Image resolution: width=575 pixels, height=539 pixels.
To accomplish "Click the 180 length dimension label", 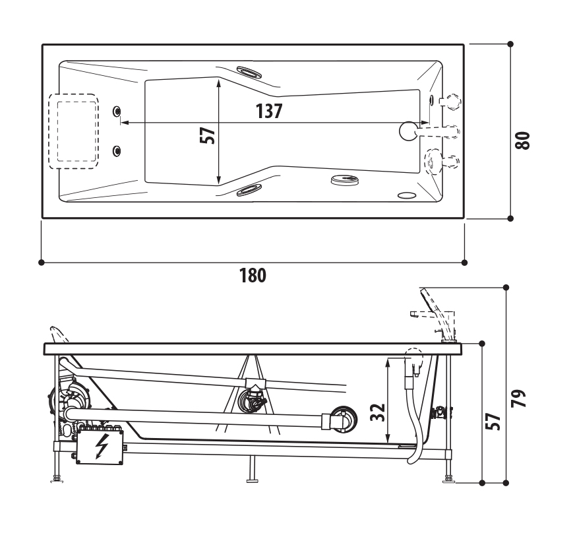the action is click(253, 276).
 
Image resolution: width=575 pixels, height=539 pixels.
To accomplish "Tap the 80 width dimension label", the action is click(522, 141).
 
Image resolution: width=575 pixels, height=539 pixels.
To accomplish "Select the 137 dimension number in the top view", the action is click(269, 111).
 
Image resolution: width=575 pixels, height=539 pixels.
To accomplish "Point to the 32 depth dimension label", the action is click(377, 412).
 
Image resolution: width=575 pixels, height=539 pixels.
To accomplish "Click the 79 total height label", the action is click(519, 398).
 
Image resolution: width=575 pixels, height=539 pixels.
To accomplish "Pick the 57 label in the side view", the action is click(493, 422).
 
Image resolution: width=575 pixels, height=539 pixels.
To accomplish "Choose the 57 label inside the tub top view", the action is click(208, 135).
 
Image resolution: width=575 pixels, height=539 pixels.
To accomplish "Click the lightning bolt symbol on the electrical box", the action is click(101, 446).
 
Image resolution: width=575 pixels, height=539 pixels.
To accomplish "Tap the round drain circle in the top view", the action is click(409, 131).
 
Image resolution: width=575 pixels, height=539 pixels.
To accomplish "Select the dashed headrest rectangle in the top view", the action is click(74, 131).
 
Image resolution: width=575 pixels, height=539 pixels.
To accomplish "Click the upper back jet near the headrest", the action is click(117, 111).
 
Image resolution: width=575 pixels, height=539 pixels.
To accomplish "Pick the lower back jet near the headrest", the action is click(117, 150).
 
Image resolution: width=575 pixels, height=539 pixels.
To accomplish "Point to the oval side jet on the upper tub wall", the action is click(249, 72).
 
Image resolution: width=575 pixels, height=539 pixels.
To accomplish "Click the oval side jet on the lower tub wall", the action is click(249, 190).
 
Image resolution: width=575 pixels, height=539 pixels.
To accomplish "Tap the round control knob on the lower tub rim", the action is click(345, 180).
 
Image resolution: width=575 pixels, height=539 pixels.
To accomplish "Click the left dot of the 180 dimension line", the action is click(42, 263).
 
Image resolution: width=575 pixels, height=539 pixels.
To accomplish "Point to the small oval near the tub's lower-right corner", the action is click(406, 195).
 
